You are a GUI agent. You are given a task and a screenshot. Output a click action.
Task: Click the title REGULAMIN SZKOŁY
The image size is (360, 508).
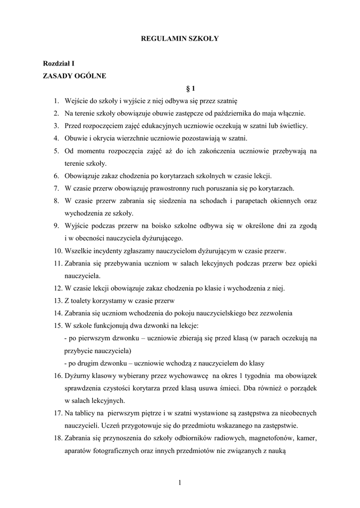pyautogui.click(x=180, y=38)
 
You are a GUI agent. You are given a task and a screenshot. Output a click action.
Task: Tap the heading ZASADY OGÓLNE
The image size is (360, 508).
pyautogui.click(x=74, y=76)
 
